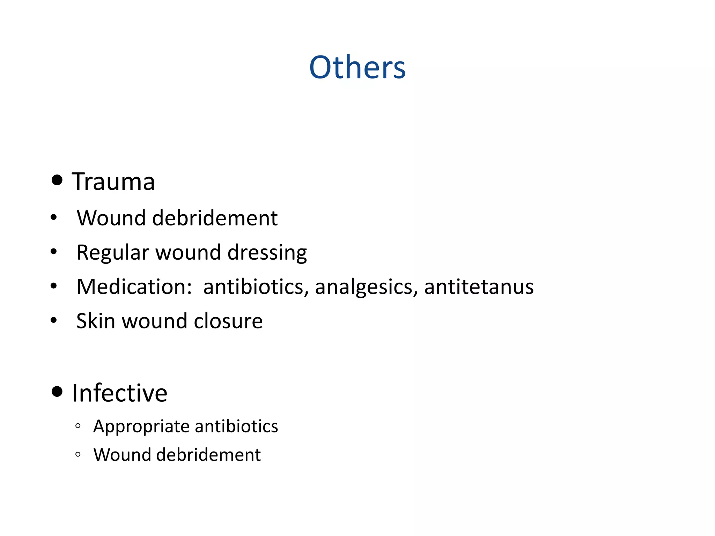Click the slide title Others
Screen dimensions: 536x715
pos(357,67)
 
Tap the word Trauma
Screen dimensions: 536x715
pos(113,182)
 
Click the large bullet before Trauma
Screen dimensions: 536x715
pos(57,180)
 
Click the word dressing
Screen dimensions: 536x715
pos(267,253)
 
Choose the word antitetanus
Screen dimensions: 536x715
pos(479,287)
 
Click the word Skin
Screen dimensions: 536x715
pos(96,321)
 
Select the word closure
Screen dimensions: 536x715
pos(228,321)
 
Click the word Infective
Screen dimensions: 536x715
pos(119,393)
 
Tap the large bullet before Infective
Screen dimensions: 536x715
pos(57,392)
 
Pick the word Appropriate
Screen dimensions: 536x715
pos(141,426)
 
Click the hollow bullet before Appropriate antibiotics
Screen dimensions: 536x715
pos(78,426)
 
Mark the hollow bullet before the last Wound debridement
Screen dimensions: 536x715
pos(78,454)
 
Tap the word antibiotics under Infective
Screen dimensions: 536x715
pos(236,426)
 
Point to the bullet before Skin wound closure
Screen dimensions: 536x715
pos(53,320)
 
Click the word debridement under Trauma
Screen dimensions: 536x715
pos(215,218)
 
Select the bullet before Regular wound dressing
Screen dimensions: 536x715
pos(53,251)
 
